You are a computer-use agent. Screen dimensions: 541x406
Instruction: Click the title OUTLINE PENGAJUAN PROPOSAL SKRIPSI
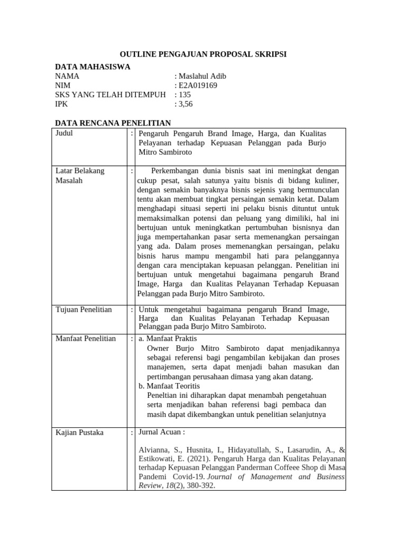coord(203,54)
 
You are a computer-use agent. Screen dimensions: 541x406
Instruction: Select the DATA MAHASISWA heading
coord(93,67)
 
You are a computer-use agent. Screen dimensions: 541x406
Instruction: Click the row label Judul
coord(64,133)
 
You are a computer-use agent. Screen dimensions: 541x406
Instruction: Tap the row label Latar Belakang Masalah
coord(80,176)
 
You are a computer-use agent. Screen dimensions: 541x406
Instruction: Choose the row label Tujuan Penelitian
coord(84,310)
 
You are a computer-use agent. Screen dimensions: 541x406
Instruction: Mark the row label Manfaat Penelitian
coord(85,338)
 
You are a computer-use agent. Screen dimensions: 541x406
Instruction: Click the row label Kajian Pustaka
coord(79,433)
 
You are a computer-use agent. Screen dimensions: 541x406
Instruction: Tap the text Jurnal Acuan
coord(161,432)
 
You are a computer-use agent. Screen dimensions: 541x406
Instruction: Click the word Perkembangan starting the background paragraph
coord(178,171)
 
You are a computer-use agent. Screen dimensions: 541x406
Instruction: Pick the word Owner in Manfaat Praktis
coord(158,348)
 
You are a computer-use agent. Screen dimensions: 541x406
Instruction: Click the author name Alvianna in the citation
coord(154,450)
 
